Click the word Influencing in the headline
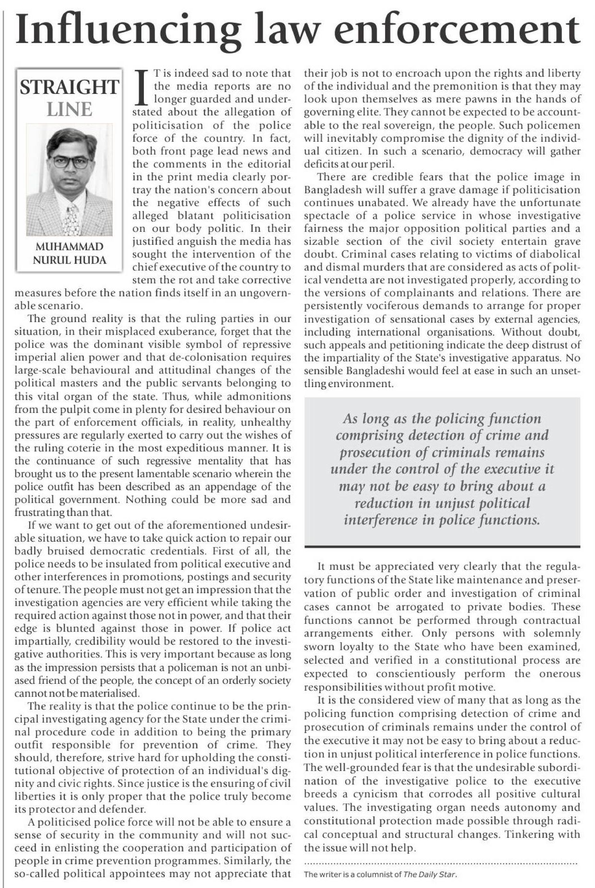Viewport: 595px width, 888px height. (x=128, y=30)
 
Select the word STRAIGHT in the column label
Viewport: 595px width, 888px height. (x=69, y=87)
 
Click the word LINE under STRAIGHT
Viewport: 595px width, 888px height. (x=69, y=110)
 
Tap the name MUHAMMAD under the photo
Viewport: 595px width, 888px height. (x=70, y=247)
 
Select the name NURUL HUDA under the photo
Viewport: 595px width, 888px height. (x=70, y=260)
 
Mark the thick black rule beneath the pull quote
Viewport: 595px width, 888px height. (x=442, y=546)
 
